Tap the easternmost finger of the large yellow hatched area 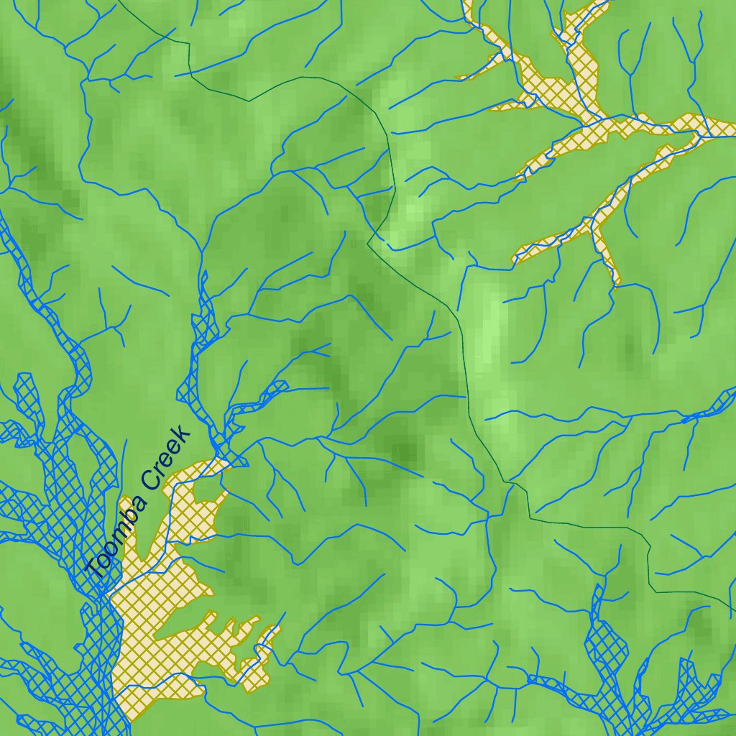click(x=269, y=636)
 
